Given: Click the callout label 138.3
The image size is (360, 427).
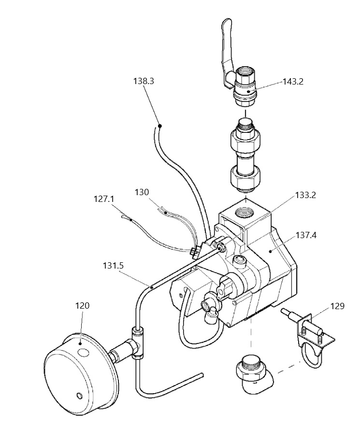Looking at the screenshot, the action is coord(144,81).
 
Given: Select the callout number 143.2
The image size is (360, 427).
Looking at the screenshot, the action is coord(293,82).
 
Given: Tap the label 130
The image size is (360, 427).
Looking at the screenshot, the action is coord(142,192).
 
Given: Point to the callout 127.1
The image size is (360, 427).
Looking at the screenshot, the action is coord(104,199).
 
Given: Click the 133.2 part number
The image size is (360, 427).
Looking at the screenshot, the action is coord(306,195).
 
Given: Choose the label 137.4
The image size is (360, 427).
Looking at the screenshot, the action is coord(306,235).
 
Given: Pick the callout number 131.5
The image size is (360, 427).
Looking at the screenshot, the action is coord(114,266).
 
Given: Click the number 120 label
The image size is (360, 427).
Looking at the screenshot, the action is coord(82,306).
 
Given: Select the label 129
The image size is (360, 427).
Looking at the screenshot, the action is coord(337,306).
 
